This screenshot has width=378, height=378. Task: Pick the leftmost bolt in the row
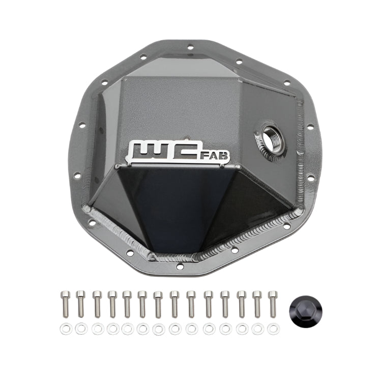point(65,303)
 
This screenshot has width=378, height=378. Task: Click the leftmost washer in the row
point(66,329)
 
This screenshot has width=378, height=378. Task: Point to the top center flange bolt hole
point(189,48)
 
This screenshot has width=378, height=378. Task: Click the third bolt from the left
point(97,303)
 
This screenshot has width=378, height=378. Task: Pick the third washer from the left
point(97,329)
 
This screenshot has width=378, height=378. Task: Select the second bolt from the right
point(257,303)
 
